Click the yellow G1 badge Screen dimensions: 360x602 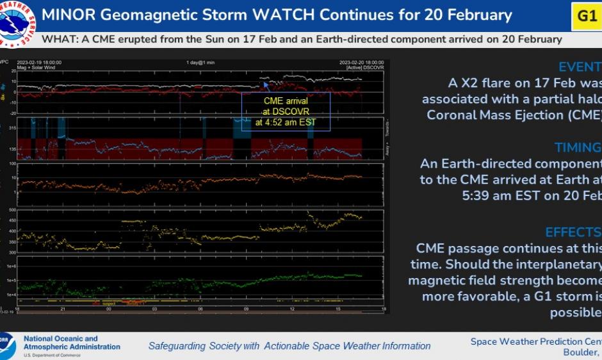[587, 15]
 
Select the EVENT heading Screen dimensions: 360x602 [580, 67]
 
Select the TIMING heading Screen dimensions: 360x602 [578, 148]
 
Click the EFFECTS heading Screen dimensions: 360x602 [573, 232]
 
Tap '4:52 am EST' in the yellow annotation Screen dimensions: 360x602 [286, 122]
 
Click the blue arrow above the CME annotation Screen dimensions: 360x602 [265, 84]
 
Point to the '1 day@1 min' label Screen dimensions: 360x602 [200, 63]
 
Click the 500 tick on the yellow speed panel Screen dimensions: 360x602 [12, 210]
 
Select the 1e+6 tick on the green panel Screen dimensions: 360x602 [11, 265]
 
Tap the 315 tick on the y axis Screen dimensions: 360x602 [12, 128]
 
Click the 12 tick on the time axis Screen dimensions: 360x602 [292, 309]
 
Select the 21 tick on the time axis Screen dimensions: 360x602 [63, 309]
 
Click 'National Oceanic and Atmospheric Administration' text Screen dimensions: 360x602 [71, 343]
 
